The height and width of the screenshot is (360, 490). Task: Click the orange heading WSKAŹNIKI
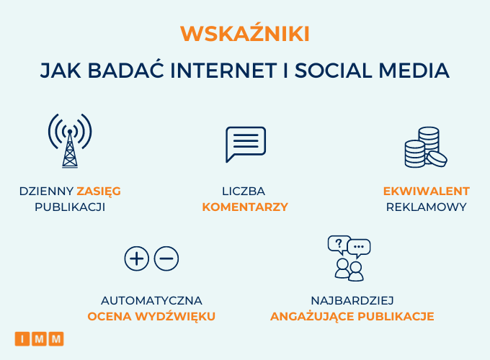tap(245, 32)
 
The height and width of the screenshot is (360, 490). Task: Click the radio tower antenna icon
tap(70, 141)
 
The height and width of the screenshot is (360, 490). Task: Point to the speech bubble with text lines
tap(246, 144)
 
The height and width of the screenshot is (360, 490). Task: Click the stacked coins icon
tap(426, 147)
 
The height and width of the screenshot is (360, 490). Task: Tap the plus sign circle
tap(137, 258)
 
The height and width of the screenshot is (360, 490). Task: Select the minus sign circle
tap(166, 258)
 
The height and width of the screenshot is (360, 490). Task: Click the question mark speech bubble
tap(339, 244)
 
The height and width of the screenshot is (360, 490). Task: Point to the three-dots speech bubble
tap(359, 248)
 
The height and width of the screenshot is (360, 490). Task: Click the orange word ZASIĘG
tap(99, 192)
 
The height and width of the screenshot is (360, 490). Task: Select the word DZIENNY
tap(46, 191)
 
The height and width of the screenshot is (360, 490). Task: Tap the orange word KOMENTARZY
tap(245, 207)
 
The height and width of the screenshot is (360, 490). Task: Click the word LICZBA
tap(244, 191)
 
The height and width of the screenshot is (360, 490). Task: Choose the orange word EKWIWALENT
tap(427, 191)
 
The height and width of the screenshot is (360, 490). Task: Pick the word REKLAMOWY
tap(427, 207)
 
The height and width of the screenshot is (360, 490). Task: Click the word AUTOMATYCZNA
tap(151, 301)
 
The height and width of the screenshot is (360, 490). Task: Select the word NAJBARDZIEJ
tap(352, 301)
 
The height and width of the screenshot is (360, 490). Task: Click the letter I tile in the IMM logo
tap(22, 339)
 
